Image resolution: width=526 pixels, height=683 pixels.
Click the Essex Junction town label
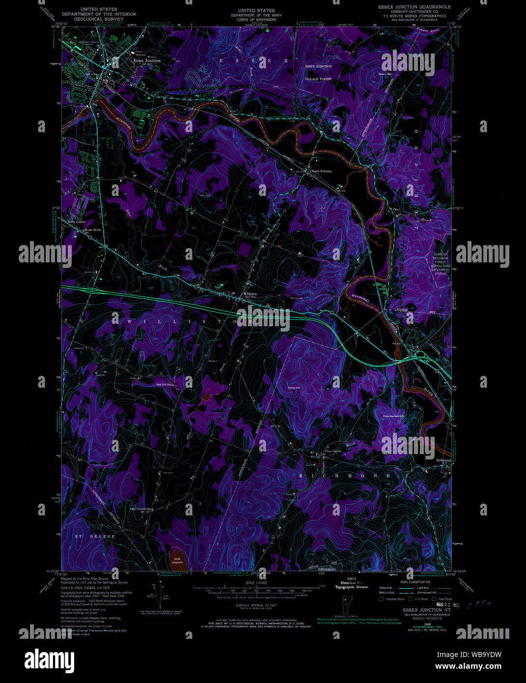(147, 60)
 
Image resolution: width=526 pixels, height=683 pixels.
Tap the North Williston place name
(322, 171)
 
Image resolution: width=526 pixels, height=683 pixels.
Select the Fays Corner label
(333, 451)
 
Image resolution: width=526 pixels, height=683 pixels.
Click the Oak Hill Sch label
(165, 384)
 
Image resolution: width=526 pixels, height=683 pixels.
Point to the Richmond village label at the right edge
(443, 460)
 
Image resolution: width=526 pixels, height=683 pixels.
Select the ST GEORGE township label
(95, 536)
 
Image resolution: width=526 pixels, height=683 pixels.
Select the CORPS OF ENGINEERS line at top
(256, 20)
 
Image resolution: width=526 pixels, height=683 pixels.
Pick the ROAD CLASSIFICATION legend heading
(415, 581)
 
